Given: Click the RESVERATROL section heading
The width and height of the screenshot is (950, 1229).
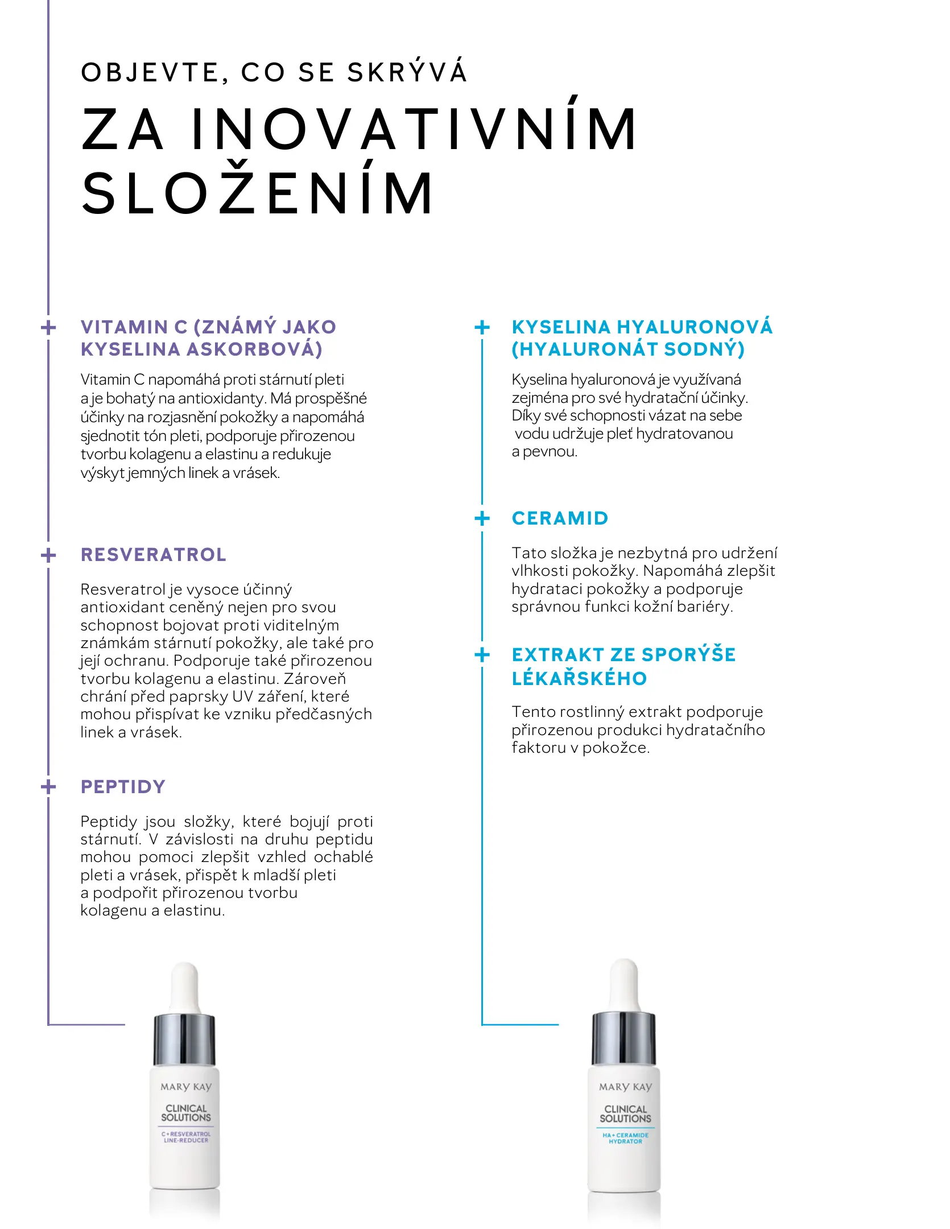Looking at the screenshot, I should click(x=154, y=555).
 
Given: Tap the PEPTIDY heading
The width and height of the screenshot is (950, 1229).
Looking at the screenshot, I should click(x=123, y=787).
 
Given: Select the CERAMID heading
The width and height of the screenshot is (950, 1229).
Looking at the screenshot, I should click(x=560, y=518).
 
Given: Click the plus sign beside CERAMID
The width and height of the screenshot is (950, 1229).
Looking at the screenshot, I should click(x=482, y=518).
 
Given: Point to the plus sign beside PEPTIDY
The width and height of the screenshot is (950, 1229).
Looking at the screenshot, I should click(x=49, y=787).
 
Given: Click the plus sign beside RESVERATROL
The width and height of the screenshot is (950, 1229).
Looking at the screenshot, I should click(x=49, y=555).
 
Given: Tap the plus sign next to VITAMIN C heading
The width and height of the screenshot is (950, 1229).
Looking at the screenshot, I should click(x=49, y=328).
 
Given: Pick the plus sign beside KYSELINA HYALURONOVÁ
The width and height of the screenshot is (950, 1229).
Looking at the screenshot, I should click(x=482, y=327).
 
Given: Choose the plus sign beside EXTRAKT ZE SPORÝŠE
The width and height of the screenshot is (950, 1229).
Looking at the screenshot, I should click(x=482, y=655).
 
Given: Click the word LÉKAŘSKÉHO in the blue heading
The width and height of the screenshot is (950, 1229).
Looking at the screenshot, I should click(x=579, y=679).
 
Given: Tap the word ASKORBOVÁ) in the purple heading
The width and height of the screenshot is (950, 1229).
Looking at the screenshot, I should click(x=254, y=349).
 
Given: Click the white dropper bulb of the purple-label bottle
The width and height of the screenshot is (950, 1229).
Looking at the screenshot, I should click(x=185, y=987).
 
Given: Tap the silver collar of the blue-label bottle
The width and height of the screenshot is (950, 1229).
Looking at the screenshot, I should click(x=624, y=1039).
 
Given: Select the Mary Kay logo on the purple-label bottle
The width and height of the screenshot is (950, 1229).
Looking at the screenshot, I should click(x=185, y=1087).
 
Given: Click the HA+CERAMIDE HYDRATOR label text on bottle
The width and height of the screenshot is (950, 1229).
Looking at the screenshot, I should click(x=625, y=1138).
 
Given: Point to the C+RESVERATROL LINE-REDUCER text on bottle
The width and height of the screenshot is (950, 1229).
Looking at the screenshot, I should click(x=185, y=1137).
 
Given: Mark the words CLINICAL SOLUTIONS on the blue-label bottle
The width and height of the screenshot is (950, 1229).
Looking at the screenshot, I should click(x=625, y=1113).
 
